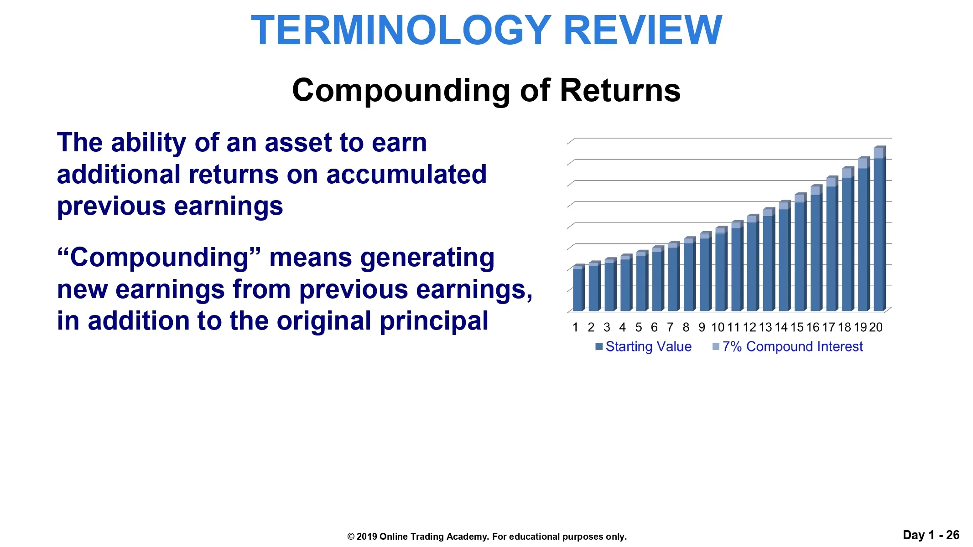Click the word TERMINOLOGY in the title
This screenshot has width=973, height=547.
tap(401, 30)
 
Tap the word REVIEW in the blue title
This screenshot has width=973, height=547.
tap(643, 30)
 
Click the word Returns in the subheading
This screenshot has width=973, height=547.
tap(620, 90)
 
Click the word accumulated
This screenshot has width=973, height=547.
tap(406, 175)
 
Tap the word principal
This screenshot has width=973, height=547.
tap(434, 322)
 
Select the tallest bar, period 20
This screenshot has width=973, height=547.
tap(879, 229)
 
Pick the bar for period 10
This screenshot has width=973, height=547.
tap(721, 269)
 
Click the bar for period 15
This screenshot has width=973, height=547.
tap(800, 252)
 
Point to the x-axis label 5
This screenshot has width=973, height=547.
tap(639, 327)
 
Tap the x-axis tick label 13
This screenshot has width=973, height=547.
tap(765, 327)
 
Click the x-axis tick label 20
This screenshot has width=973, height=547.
tap(876, 327)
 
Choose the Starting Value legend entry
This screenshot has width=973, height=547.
tap(644, 347)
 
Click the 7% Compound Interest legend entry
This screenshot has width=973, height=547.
tap(788, 347)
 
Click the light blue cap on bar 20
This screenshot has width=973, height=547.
tap(879, 153)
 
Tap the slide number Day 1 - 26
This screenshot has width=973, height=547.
tap(931, 535)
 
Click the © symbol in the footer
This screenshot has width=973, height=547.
tap(351, 537)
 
